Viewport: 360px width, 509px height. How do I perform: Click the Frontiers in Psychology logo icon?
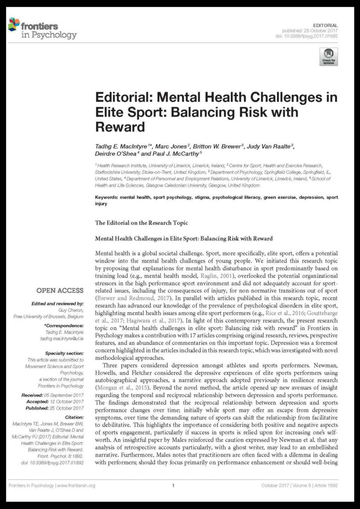pos(14,24)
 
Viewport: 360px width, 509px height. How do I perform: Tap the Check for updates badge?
pos(328,57)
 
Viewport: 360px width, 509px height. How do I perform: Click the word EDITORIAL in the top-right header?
pos(325,25)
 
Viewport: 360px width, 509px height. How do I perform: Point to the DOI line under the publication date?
pos(306,36)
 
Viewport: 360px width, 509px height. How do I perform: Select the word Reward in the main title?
pos(120,127)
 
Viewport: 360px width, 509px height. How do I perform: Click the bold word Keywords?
pos(106,197)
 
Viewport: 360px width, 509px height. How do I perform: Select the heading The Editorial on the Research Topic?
pos(141,223)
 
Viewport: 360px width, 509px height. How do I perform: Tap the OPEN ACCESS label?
pos(60,291)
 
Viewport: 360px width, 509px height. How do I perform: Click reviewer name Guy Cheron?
pos(71,310)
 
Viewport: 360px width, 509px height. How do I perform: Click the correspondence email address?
pos(62,338)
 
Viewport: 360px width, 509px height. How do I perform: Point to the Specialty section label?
pos(64,353)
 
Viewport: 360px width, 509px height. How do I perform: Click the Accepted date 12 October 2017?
pos(67,401)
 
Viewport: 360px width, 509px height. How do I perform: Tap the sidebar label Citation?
pos(74,417)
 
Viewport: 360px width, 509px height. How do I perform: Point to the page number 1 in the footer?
pos(173,485)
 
